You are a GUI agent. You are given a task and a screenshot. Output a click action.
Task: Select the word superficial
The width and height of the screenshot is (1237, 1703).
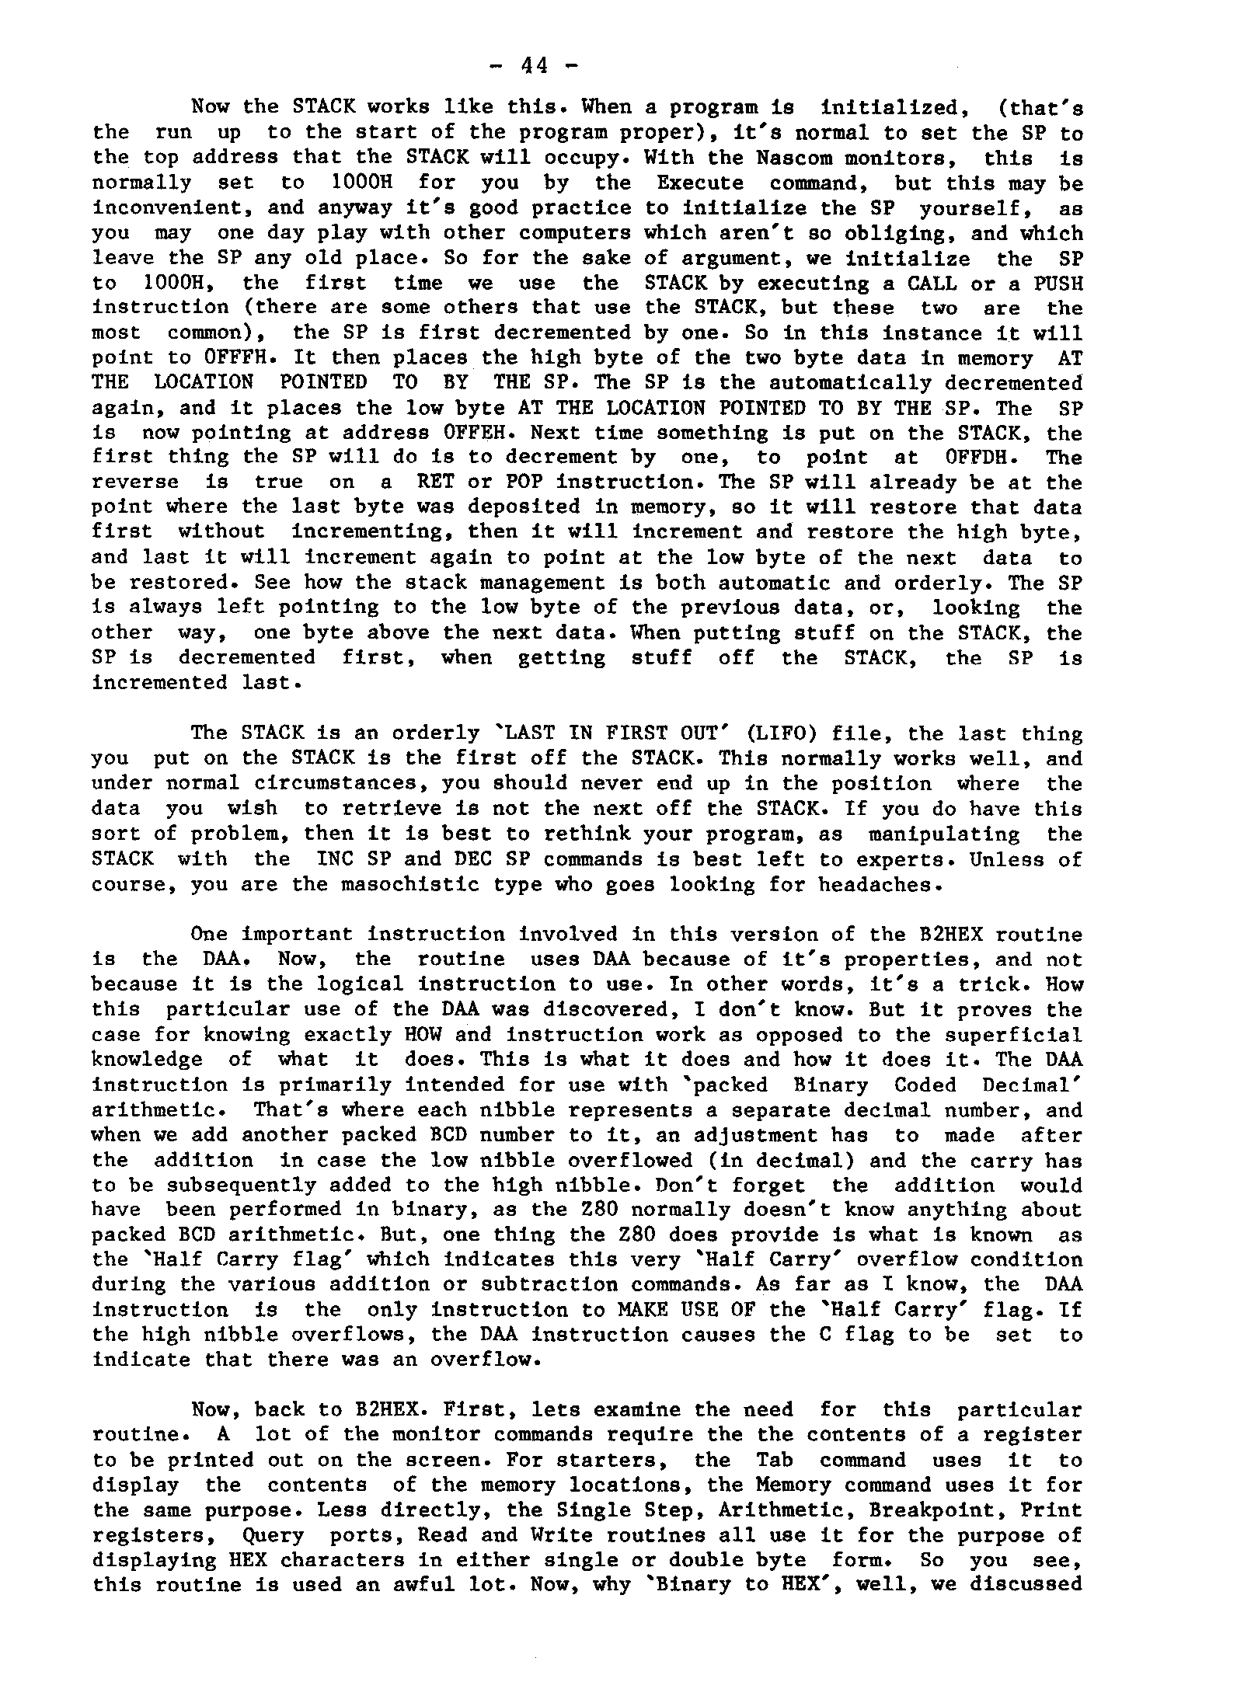click(x=1013, y=1035)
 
